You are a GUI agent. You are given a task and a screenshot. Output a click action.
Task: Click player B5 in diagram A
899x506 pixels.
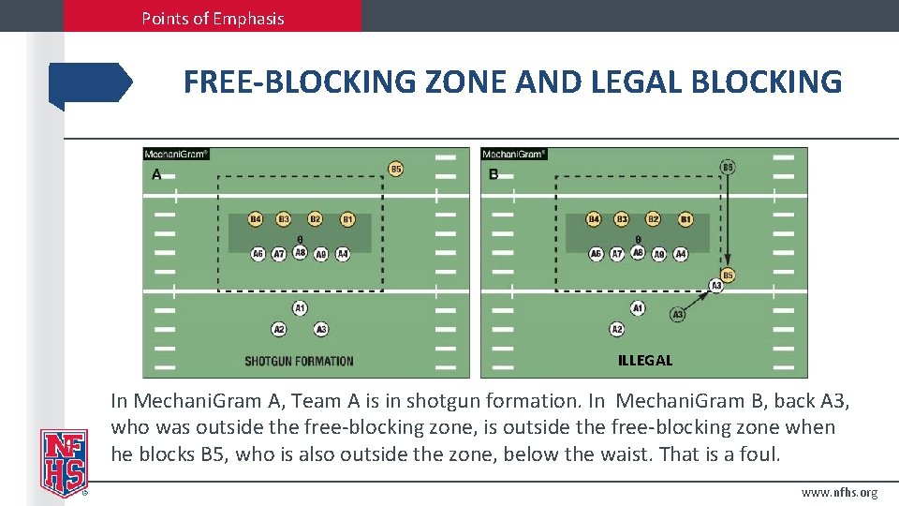click(396, 170)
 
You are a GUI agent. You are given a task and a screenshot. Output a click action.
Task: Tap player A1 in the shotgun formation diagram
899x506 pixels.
click(300, 308)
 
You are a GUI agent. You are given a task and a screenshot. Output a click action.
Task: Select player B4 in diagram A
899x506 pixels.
click(255, 219)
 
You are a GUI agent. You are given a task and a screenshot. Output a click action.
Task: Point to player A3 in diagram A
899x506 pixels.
click(321, 329)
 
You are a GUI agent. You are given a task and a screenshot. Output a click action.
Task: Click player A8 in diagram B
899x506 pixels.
click(638, 252)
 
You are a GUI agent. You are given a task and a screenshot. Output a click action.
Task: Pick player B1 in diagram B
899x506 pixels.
click(686, 219)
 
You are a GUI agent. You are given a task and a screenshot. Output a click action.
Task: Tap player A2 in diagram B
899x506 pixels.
click(617, 329)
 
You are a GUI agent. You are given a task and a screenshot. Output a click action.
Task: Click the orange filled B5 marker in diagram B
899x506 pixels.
click(729, 275)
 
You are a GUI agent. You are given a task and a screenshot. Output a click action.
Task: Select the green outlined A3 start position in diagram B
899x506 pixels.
click(678, 315)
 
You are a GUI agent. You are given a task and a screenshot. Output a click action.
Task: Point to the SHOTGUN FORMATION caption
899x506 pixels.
click(299, 361)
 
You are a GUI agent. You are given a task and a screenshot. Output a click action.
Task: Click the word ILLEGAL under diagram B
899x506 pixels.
click(645, 360)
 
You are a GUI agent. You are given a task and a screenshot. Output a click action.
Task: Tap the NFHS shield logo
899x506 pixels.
click(64, 462)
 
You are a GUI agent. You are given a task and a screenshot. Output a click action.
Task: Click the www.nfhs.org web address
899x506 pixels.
click(840, 493)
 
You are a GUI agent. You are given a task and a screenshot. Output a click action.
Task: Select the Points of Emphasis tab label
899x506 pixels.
click(213, 18)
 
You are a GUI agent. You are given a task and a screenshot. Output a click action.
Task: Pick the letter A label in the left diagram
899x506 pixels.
click(156, 174)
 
